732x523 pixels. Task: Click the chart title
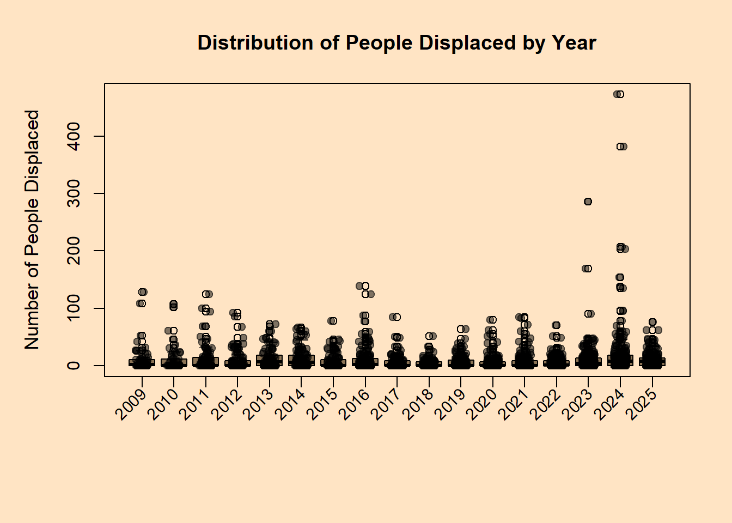[x=396, y=43]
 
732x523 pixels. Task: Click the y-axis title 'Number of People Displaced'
[x=32, y=229]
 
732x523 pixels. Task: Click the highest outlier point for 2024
[x=620, y=94]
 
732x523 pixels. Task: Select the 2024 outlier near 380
[x=620, y=147]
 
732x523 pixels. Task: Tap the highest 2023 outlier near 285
[x=588, y=202]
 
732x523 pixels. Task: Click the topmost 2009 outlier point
[x=143, y=292]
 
